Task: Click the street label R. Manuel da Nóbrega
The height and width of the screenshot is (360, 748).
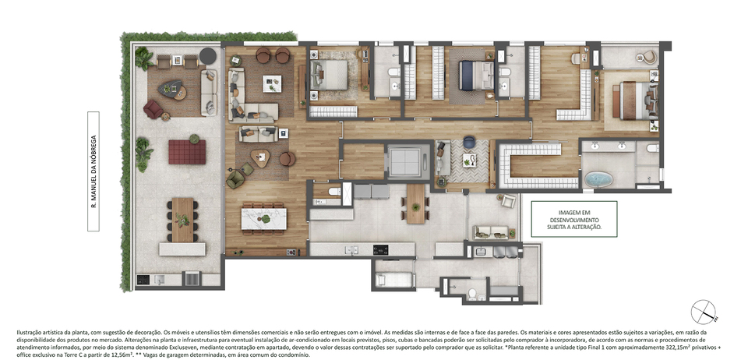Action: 93,171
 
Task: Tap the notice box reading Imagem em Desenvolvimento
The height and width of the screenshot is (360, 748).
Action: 574,219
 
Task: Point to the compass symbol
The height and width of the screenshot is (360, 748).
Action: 703,312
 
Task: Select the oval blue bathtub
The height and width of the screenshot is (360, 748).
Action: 598,179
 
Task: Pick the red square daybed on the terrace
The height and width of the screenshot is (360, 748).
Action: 187,152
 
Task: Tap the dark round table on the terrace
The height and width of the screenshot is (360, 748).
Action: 208,56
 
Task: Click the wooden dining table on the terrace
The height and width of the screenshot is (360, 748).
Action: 182,220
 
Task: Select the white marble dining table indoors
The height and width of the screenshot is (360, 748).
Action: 264,219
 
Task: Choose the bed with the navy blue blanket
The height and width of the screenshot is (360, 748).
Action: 476,76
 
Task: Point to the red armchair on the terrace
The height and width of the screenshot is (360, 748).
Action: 153,109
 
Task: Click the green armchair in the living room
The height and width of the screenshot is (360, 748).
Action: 235,178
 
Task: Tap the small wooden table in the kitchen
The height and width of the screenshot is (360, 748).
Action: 416,203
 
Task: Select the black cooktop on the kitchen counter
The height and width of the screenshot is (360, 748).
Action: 381,249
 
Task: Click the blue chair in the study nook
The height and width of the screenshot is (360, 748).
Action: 469,142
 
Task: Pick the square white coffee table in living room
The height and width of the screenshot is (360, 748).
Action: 272,84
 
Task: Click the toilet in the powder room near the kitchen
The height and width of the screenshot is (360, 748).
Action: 334,192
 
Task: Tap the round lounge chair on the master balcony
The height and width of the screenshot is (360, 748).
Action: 649,57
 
